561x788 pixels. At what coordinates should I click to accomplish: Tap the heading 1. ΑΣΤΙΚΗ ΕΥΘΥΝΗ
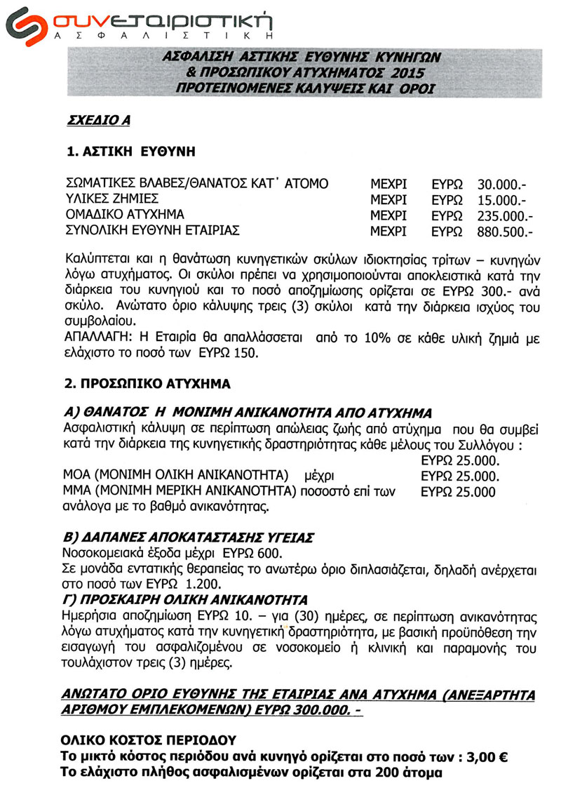pos(126,152)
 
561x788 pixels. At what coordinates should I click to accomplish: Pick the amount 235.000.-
pos(504,215)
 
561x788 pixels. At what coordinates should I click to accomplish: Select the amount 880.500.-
pos(504,230)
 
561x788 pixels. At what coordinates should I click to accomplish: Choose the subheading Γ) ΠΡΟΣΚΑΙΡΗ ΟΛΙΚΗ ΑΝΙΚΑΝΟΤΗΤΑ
pos(185,601)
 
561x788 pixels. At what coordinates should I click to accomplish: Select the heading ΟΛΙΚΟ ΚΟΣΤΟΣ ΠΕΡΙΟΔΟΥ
pos(149,741)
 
